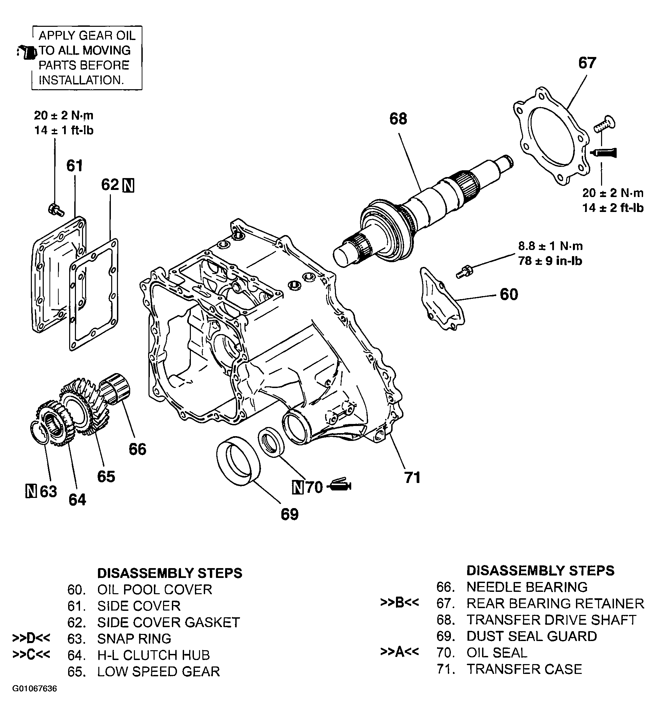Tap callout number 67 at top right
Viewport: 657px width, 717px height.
coord(587,63)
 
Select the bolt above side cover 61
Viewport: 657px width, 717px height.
coord(56,210)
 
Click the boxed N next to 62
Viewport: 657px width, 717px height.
coord(128,186)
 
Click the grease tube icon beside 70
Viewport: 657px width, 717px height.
coord(340,485)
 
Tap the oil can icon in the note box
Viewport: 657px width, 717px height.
coord(27,52)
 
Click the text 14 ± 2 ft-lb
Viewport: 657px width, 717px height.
coord(613,208)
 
